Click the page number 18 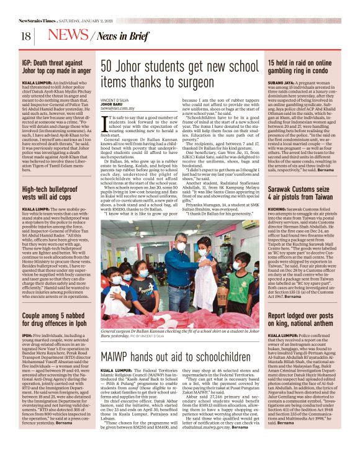pyautogui.click(x=26, y=36)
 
